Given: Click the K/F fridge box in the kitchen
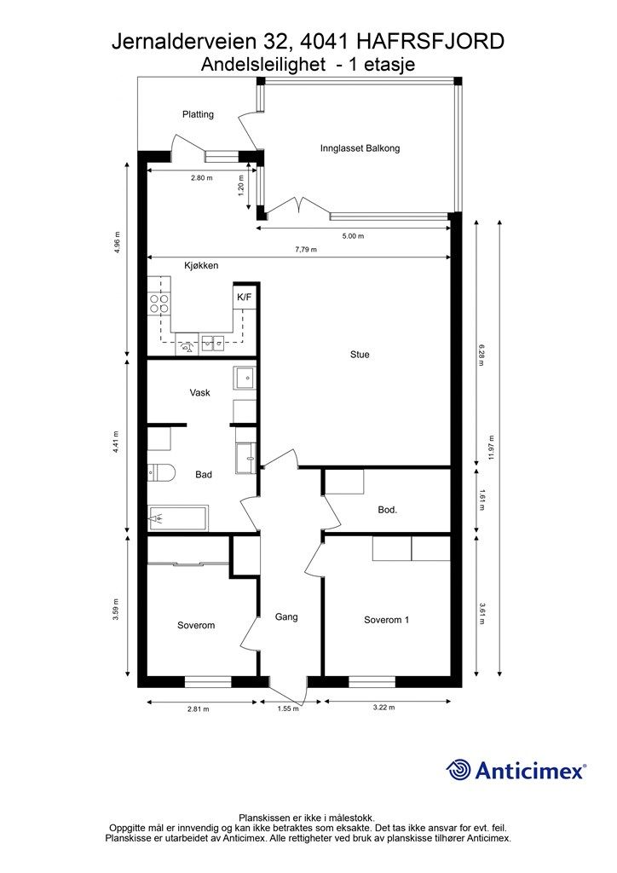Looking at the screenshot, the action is click(244, 297).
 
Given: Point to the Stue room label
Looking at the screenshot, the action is click(360, 354).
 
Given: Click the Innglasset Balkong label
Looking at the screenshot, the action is click(360, 148).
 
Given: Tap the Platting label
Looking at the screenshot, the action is click(198, 114).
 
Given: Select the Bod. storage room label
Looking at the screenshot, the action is click(387, 509).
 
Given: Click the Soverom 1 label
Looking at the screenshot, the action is click(387, 620).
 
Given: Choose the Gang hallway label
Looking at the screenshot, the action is click(286, 617).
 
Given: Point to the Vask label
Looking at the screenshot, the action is click(199, 392).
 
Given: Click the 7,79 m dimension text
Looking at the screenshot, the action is click(305, 250).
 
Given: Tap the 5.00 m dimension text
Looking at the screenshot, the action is click(353, 236).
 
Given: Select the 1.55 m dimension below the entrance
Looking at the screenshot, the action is click(288, 708).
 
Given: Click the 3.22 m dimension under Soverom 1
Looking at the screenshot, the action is click(383, 708).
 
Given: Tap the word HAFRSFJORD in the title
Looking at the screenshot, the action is click(430, 41).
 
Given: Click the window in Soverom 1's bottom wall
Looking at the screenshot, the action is click(372, 681).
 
